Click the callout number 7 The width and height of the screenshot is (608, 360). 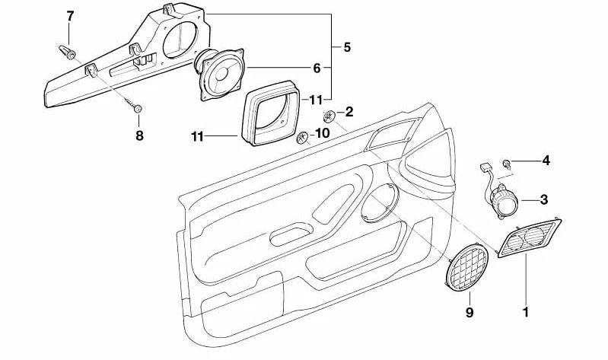tap(70, 16)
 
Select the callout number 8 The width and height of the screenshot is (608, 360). tap(139, 135)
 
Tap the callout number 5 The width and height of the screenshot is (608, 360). tap(347, 47)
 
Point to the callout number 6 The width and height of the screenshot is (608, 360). tap(317, 68)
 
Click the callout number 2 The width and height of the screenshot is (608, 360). tap(349, 112)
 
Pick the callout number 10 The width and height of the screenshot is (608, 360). tap(322, 133)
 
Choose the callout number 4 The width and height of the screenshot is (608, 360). tap(546, 161)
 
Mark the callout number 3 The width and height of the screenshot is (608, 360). tap(544, 199)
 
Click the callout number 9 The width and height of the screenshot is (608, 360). tap(470, 312)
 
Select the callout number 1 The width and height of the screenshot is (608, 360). tap(526, 312)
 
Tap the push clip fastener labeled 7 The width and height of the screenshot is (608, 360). tap(67, 52)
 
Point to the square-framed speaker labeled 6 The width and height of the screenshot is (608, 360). tap(220, 74)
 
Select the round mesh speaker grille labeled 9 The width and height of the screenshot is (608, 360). tap(467, 267)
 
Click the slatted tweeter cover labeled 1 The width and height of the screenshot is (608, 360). tap(529, 238)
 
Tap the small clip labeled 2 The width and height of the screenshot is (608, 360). tap(329, 116)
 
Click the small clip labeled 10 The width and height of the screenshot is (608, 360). tap(302, 138)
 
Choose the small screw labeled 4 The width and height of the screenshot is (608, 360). tap(506, 163)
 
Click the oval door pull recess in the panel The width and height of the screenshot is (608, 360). tap(291, 234)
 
